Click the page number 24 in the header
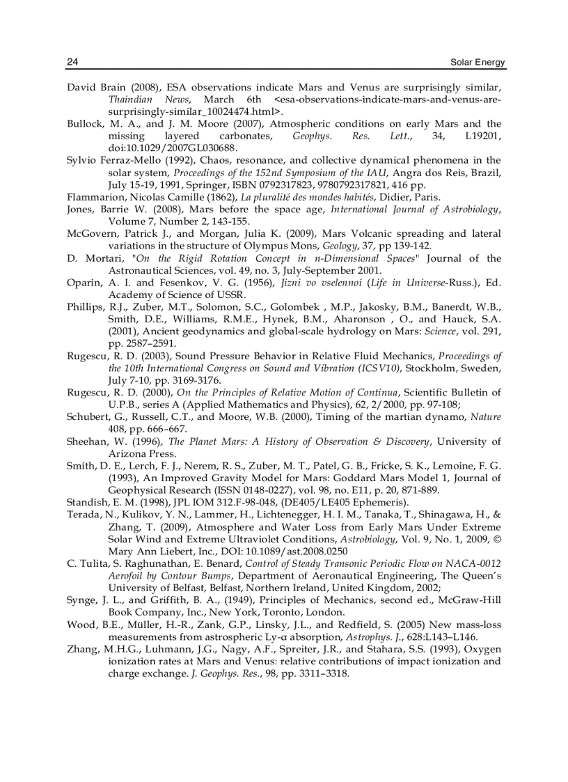pos(72,62)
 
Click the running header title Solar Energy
pos(478,63)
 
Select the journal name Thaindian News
pos(140,100)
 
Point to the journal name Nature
pos(486,416)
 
